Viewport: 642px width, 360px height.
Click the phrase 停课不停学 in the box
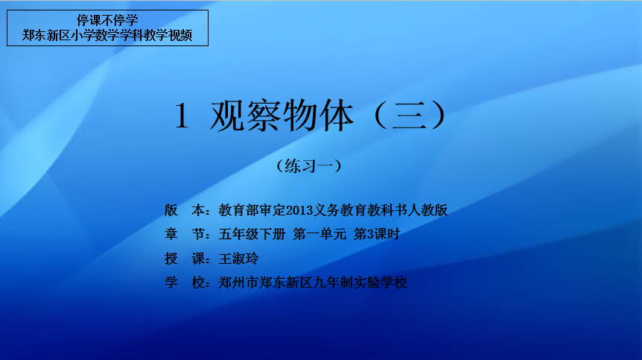tap(107, 20)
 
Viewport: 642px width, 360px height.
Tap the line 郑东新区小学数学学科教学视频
tap(107, 35)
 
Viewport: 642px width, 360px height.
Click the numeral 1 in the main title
tap(182, 116)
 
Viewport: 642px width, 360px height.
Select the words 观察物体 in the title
tap(282, 116)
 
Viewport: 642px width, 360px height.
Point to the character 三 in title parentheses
tap(410, 116)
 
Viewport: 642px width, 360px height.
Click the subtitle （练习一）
tap(309, 166)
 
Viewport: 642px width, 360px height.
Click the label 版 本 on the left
tap(184, 210)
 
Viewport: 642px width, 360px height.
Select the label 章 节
tap(184, 234)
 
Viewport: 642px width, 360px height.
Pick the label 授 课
tap(184, 259)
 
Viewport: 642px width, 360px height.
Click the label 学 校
tap(184, 282)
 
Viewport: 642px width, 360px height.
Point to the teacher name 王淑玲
tap(239, 259)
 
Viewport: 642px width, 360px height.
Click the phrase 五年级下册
tap(252, 234)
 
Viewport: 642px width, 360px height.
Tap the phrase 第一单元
tap(320, 234)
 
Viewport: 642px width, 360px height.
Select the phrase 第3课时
tap(376, 234)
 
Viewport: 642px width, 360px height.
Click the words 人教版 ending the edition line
tap(428, 210)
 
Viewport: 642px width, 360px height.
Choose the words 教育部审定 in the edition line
tap(252, 210)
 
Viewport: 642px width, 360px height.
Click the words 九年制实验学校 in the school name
tap(360, 282)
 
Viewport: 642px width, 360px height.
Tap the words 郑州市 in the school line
tap(239, 282)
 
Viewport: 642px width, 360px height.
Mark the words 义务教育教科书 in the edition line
tap(360, 210)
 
